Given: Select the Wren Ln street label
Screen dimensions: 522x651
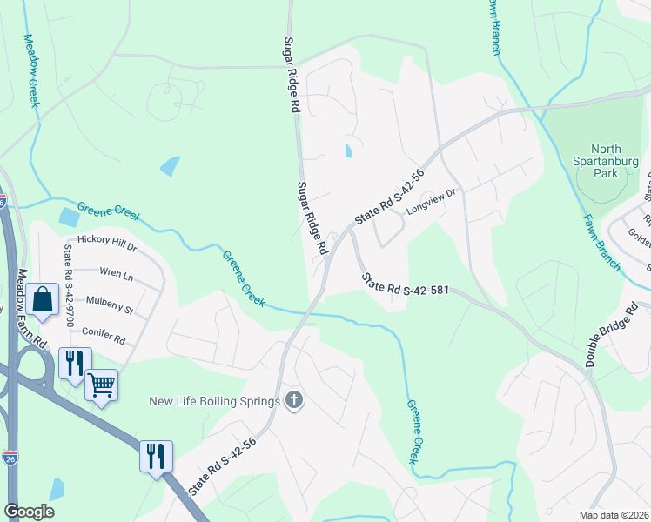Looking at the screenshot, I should (x=117, y=276).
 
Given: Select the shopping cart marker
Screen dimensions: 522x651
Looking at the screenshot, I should (x=101, y=384).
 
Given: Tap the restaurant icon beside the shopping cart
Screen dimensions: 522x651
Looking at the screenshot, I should (x=74, y=362).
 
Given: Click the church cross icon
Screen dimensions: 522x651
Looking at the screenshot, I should (x=295, y=401).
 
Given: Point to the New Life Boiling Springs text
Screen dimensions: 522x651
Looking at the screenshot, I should (x=214, y=401).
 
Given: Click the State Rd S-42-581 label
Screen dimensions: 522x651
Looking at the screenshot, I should (x=405, y=285).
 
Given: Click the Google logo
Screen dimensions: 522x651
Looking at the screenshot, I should (x=29, y=511).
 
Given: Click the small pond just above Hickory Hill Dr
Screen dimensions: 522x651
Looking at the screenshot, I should (x=68, y=217).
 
